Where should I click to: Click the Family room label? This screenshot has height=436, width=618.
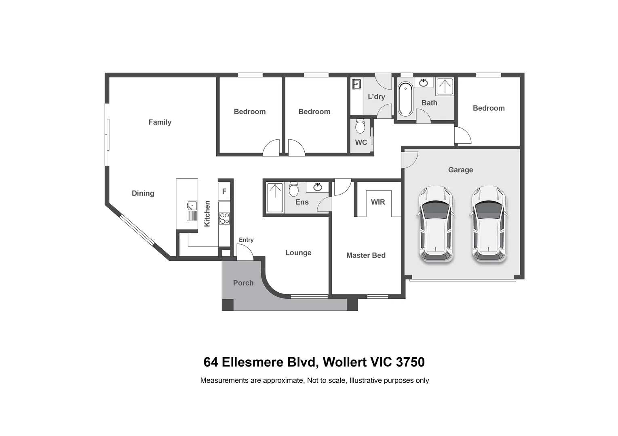click(160, 122)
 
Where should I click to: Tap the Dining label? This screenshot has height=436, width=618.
click(143, 193)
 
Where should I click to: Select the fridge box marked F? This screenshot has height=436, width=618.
click(224, 191)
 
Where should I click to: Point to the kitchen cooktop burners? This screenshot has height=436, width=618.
click(224, 218)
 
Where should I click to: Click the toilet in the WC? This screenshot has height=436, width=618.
click(360, 126)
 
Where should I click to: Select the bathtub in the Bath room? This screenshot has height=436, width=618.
click(405, 99)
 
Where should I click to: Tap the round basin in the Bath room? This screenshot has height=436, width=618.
click(423, 83)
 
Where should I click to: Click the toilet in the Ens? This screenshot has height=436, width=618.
click(294, 189)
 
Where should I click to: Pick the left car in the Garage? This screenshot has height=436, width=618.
click(435, 224)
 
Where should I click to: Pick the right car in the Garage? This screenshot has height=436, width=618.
click(489, 224)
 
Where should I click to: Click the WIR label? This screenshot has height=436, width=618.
click(378, 202)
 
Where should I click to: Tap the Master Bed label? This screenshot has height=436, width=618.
click(366, 255)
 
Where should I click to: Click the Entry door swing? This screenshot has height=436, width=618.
click(244, 253)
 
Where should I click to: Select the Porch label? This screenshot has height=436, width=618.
click(243, 283)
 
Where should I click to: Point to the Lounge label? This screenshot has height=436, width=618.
click(298, 253)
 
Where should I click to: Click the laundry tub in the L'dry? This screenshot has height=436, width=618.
click(356, 84)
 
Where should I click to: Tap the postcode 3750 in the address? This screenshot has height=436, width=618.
click(410, 362)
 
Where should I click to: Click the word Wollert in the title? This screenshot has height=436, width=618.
click(345, 362)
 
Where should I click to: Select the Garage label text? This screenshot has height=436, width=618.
click(460, 170)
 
